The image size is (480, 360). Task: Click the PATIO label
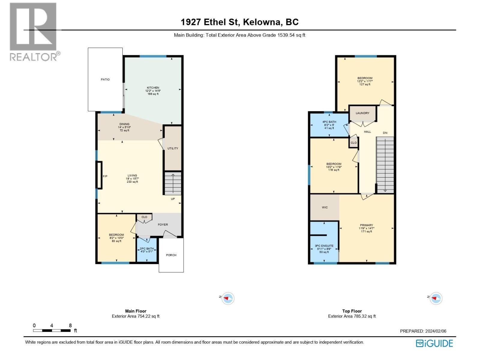[x=105, y=79]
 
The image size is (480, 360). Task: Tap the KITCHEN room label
[x=153, y=88]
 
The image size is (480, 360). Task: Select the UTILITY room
[x=173, y=148]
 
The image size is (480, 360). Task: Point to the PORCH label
[x=171, y=255]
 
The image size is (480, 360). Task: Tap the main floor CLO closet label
[x=144, y=217]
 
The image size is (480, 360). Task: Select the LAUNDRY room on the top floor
[x=362, y=113]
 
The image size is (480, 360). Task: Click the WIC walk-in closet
[x=325, y=207]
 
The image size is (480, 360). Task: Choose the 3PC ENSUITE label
[x=324, y=246]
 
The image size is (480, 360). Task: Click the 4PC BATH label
[x=329, y=122]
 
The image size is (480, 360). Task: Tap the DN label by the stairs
[x=385, y=133]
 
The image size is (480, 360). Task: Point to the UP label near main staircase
[x=173, y=199]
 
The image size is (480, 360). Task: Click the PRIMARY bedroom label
[x=366, y=225]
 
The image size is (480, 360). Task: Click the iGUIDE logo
[x=434, y=343]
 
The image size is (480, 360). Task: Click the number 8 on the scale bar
[x=70, y=325]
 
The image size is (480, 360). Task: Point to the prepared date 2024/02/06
[x=435, y=331]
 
